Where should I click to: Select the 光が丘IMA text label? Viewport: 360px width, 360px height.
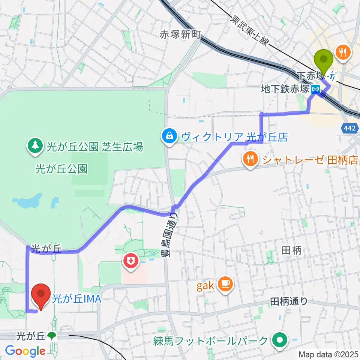pyautogui.click(x=77, y=299)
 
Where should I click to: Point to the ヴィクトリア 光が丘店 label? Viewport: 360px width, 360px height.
pyautogui.click(x=234, y=137)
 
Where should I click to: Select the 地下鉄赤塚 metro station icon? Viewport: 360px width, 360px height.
pyautogui.click(x=317, y=90)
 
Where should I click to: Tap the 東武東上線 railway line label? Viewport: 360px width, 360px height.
pyautogui.click(x=249, y=31)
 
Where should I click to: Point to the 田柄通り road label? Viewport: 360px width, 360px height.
pyautogui.click(x=289, y=301)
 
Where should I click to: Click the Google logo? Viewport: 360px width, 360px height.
pyautogui.click(x=25, y=351)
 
